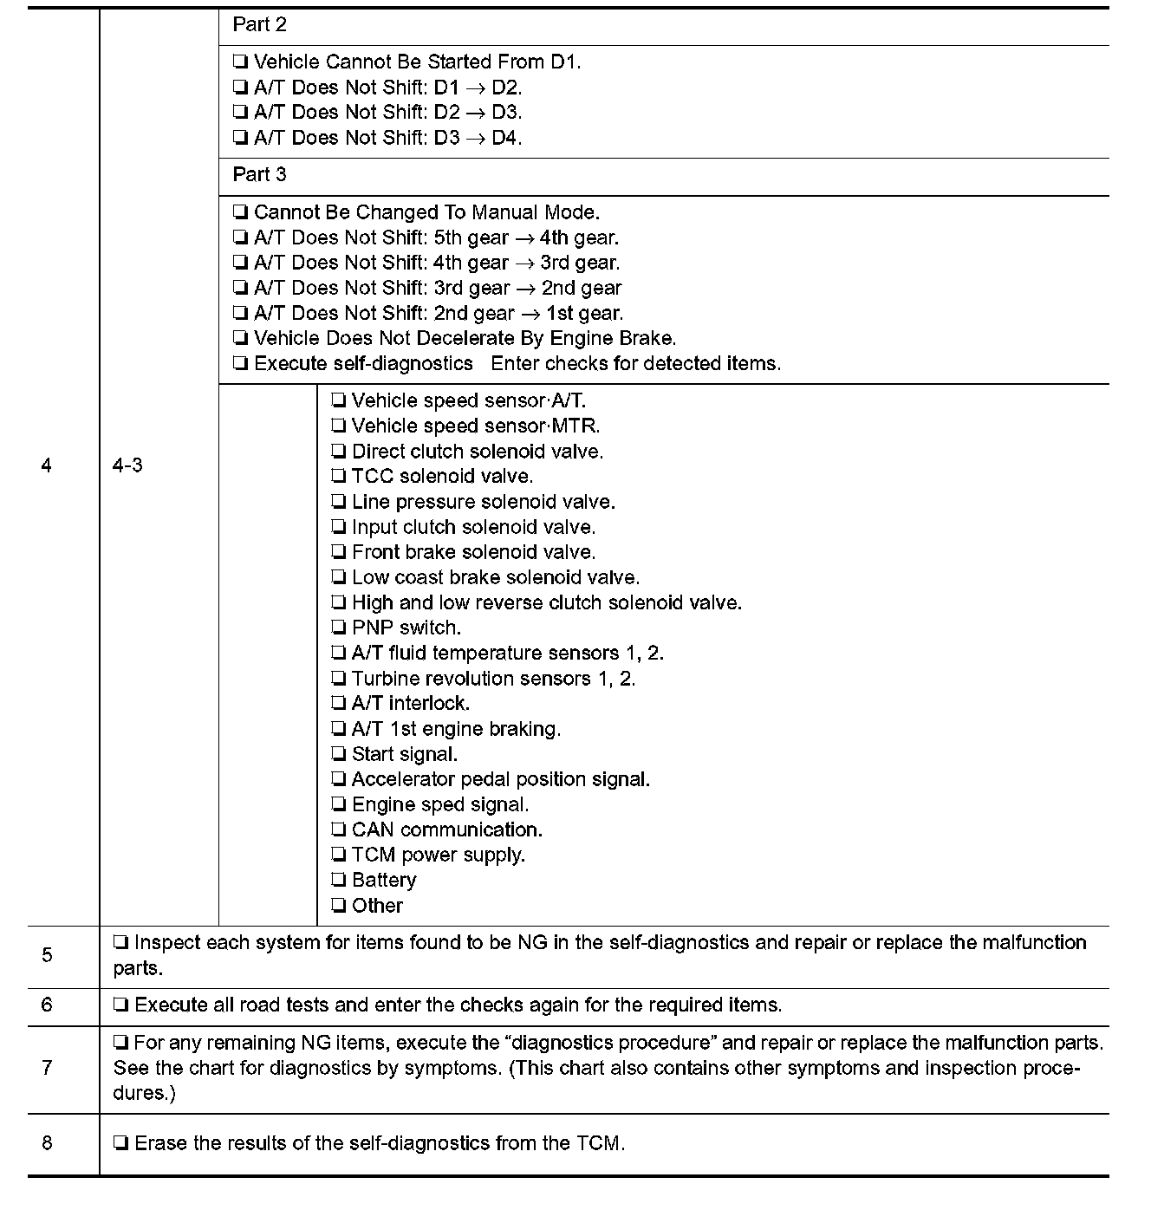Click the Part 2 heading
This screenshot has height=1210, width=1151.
coord(259,25)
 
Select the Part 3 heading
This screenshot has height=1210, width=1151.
coord(259,175)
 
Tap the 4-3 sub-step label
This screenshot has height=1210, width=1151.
coord(127,465)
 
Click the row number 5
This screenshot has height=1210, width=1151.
coord(47,955)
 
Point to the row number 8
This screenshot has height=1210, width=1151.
coord(47,1143)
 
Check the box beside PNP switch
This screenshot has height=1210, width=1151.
coord(339,628)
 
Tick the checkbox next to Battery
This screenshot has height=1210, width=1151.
coord(339,881)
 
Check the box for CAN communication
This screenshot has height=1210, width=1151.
coord(339,830)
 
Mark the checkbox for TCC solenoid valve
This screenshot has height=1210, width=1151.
coord(339,477)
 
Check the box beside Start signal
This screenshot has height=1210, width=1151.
coord(339,755)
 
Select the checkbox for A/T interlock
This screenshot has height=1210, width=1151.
coord(339,704)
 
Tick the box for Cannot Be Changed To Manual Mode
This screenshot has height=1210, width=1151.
coord(241,213)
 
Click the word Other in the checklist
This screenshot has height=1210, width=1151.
coord(377,906)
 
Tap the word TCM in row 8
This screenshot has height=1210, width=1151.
coord(598,1143)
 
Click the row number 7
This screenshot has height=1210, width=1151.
coord(47,1068)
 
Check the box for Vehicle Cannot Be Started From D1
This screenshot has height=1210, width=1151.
coord(241,62)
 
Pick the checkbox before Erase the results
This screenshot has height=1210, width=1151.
coord(121,1144)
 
